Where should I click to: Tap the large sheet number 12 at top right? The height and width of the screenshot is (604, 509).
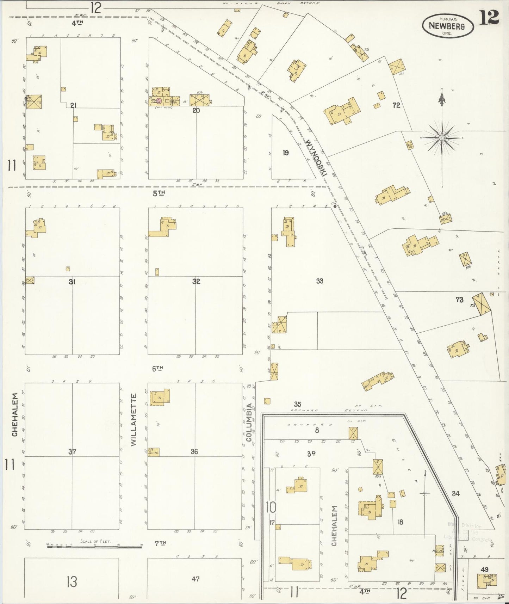489,17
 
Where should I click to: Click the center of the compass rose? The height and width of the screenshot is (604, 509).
441,138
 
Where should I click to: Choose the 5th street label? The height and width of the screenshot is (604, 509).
159,193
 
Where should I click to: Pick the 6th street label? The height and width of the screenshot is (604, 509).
157,369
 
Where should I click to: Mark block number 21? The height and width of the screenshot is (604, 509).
74,105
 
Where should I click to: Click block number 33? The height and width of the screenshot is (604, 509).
319,281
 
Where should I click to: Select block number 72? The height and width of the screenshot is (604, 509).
396,105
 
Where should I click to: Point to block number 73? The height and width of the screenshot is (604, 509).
459,300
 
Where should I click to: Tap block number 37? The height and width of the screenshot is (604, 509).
72,451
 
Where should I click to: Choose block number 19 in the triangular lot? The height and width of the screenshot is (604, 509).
286,153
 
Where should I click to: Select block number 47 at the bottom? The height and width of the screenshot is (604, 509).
195,578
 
